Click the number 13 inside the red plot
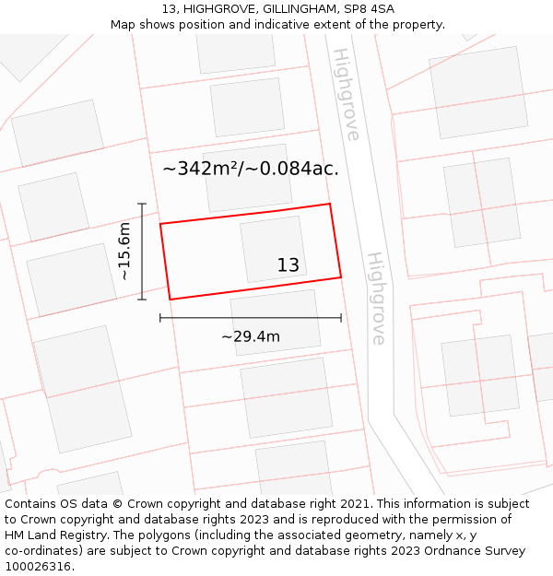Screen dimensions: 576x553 tap(288, 265)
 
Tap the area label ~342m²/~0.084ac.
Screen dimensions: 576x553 tap(251, 169)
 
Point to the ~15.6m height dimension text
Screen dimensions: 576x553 tap(124, 251)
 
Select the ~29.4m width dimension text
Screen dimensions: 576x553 tap(251, 336)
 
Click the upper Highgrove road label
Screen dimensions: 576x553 tap(346, 94)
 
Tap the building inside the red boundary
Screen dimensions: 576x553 tap(273, 248)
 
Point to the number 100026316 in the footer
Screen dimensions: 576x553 tap(39, 567)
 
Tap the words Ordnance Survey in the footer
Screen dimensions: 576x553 tap(478, 551)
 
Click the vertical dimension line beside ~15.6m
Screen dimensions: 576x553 tap(142, 251)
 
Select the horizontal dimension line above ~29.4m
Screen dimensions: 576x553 tap(251, 318)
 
